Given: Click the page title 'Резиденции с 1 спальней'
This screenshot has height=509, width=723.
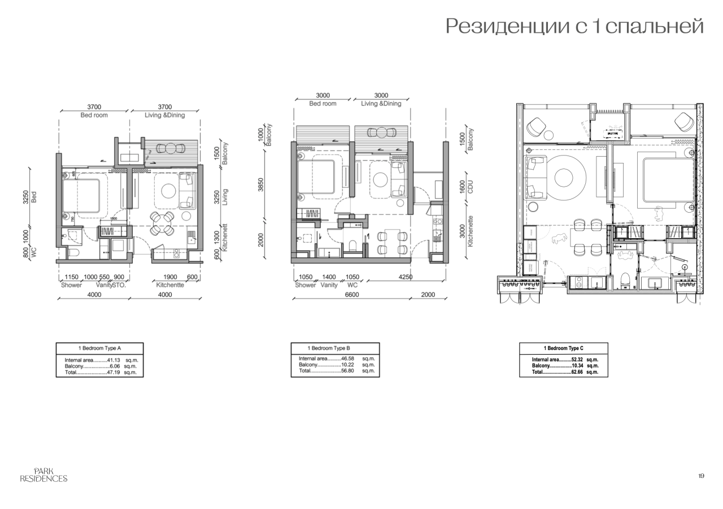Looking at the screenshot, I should tap(574, 26).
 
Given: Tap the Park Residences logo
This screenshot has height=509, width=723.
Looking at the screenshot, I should tap(43, 475).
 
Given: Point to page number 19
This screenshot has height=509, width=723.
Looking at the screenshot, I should tap(701, 476).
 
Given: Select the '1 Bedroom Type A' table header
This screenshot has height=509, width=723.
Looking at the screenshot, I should tap(99, 348).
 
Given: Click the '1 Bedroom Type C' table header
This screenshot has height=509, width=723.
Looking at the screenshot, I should tap(563, 348).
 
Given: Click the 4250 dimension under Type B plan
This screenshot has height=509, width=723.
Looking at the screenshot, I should tap(405, 277).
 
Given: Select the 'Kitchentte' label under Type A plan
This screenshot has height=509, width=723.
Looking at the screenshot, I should tap(170, 285).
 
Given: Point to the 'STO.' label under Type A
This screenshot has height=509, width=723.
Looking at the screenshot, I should tap(118, 285).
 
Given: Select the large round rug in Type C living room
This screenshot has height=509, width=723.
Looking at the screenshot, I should tap(564, 178).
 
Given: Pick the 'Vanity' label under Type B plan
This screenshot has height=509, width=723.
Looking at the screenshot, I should tap(329, 285).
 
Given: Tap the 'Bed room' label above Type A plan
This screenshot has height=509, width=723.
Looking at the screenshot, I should tap(94, 115).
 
